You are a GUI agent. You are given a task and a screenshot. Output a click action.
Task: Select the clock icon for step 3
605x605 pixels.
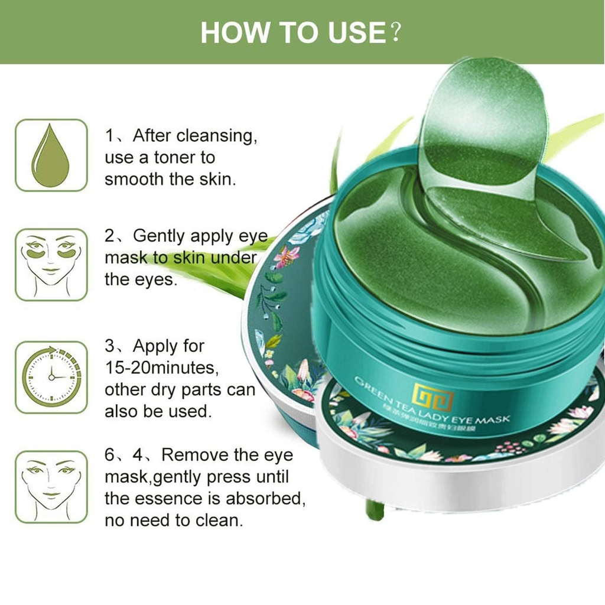click(x=51, y=377)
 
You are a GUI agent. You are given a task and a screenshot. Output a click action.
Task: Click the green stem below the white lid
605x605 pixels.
click(x=374, y=509)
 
